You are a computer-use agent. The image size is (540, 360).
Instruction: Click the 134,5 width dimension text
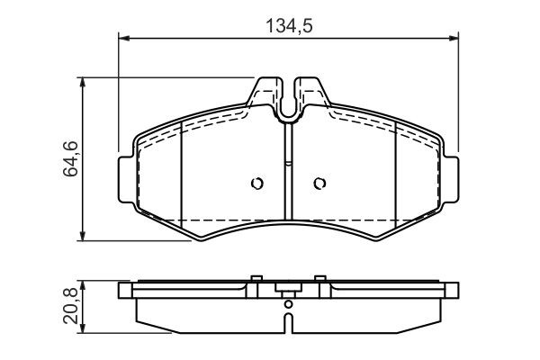point(290,26)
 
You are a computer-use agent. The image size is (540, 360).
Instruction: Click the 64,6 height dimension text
point(70,158)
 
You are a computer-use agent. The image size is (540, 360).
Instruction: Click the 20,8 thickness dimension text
point(70,306)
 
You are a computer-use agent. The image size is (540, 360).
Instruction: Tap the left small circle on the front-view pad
point(256,184)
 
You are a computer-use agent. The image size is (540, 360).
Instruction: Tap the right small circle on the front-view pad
point(319,184)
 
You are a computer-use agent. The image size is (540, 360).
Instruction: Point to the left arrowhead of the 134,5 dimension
point(123,38)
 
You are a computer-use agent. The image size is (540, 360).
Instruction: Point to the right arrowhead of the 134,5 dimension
point(454,38)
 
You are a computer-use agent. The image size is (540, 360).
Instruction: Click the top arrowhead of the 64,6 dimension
point(82,83)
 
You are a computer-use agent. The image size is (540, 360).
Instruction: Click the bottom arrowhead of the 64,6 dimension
point(82,235)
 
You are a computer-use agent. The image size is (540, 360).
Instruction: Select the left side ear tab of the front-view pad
point(126,180)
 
